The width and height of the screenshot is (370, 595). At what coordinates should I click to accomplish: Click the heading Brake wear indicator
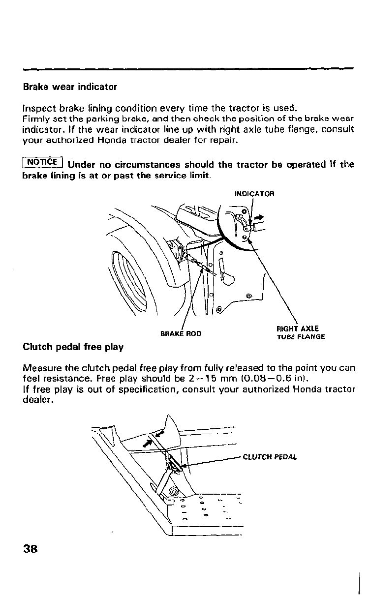click(x=70, y=87)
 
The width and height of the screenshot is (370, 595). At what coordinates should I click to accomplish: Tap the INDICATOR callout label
click(x=254, y=193)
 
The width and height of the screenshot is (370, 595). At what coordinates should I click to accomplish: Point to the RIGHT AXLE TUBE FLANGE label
click(x=300, y=332)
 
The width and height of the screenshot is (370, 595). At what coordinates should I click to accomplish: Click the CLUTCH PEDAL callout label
click(x=270, y=456)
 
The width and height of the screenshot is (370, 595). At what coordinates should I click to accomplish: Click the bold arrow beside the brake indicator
click(x=259, y=216)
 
